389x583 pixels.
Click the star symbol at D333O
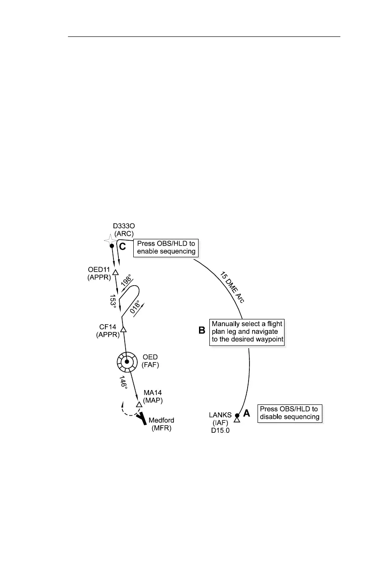(109, 240)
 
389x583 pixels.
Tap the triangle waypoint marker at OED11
(115, 273)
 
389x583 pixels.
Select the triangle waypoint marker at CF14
(123, 330)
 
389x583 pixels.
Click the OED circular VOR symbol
(127, 361)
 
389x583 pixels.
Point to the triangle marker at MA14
(139, 404)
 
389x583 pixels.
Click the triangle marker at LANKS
(237, 420)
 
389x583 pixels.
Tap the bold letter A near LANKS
(247, 413)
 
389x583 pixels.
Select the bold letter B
(203, 330)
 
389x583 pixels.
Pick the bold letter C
(122, 246)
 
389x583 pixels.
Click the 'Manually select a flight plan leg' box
(248, 332)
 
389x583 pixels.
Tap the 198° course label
(127, 284)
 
